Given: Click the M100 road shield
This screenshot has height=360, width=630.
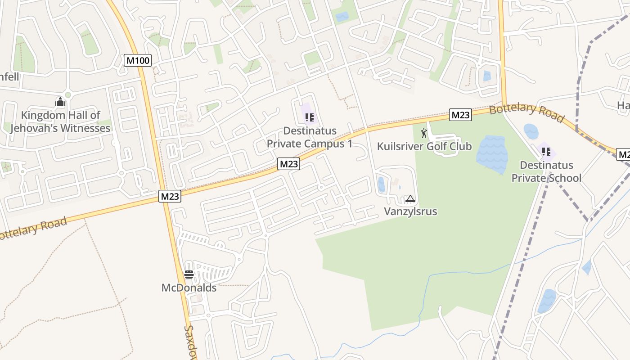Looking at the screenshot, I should tap(138, 60).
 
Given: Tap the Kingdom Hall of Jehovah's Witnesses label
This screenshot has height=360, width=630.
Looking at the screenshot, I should tap(60, 121).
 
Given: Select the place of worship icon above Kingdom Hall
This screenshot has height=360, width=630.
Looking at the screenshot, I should tap(60, 102).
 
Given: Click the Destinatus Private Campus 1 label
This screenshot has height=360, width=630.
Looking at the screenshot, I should tap(310, 137).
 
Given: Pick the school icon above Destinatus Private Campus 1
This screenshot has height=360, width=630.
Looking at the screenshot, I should tap(309, 118).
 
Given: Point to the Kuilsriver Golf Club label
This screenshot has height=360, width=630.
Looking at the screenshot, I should tap(424, 146).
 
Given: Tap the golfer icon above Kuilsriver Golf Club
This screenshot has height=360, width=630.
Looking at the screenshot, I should tap(424, 133).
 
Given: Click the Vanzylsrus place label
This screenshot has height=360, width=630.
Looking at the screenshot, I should tap(410, 211).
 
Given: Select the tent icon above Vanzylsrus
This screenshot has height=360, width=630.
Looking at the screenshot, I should tap(410, 198).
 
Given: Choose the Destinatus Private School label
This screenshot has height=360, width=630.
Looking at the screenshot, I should tap(546, 171).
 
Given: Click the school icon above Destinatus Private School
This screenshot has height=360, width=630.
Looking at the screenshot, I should tap(546, 152).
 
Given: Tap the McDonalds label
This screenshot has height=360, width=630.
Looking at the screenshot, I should tap(189, 288).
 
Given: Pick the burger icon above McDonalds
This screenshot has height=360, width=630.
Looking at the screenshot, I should tap(189, 274).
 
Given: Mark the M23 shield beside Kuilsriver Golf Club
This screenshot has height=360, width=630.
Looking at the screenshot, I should tap(460, 115).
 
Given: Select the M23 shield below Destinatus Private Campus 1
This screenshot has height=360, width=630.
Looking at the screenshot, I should tap(288, 164).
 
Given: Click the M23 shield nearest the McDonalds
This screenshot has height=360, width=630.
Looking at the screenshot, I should tap(170, 196).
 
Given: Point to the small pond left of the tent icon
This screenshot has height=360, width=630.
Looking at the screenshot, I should tap(382, 184).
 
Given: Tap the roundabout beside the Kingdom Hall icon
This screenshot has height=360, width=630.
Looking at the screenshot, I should tap(68, 95).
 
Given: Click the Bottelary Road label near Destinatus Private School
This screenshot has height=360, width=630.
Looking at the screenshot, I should tap(526, 113).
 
